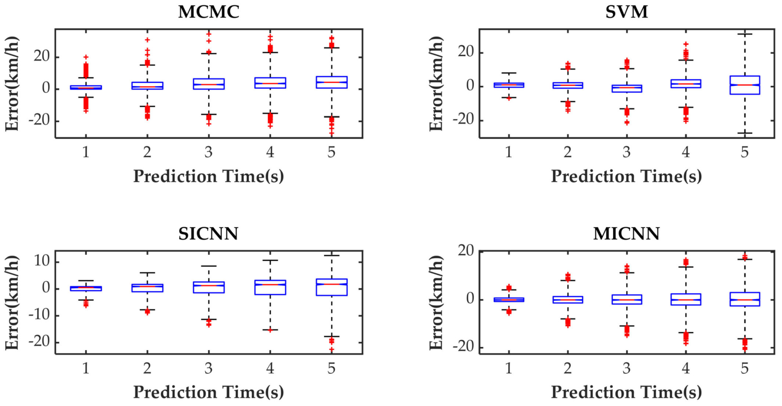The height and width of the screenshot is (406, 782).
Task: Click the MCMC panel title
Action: coord(209,12)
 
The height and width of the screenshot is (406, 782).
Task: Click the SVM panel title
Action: coord(627,12)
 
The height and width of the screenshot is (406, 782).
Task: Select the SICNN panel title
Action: coord(208,234)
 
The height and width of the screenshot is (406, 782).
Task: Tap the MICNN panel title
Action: coord(626,234)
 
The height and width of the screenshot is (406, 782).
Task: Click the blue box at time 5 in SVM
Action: coord(745,85)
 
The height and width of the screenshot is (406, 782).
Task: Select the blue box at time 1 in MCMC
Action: coord(86,87)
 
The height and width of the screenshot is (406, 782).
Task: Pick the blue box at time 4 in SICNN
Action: coord(270,287)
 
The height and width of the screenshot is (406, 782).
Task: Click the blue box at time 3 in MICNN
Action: coord(627,299)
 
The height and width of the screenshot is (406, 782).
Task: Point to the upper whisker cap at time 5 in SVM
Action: coord(745,34)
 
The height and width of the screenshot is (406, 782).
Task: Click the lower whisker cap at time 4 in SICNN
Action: coord(270,330)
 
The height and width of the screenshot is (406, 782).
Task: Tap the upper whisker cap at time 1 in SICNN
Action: coord(86,281)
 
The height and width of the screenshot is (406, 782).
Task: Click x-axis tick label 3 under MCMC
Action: coord(209,152)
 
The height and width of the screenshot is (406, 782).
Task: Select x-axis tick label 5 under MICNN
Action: coord(745,368)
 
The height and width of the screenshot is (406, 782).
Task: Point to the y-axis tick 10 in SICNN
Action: coord(42,261)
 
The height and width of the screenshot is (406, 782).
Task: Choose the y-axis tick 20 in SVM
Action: coord(465,52)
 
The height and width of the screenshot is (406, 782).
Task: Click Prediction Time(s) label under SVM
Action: coord(626,176)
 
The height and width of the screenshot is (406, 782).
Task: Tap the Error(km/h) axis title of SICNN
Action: coord(12,302)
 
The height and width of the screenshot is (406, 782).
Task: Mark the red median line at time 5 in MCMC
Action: coord(331,82)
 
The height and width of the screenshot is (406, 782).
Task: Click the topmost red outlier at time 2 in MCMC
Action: coord(147,40)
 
